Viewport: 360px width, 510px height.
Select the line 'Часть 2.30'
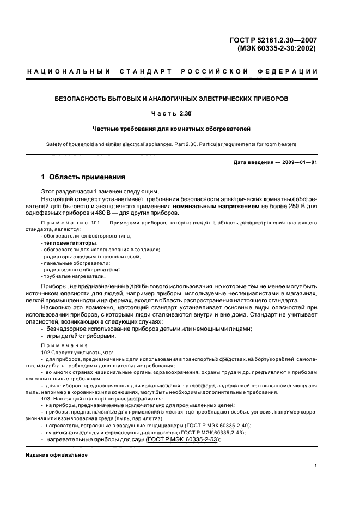click(172, 114)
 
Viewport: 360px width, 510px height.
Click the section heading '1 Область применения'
click(83, 177)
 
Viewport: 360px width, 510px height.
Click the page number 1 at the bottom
click(316, 466)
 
